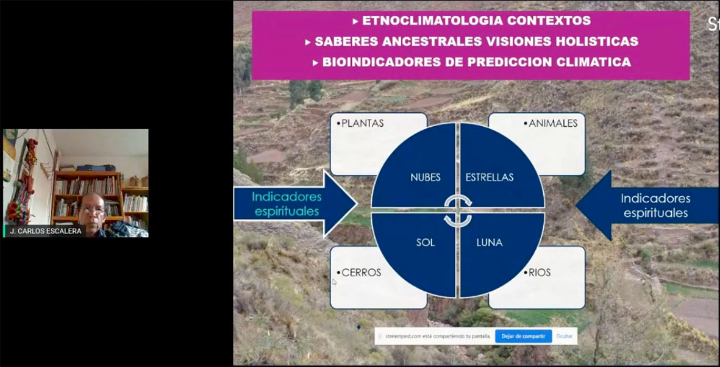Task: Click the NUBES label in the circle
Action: point(426,177)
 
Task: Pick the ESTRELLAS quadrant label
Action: point(490,177)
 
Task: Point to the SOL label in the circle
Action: point(426,242)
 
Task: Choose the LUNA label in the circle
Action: point(490,242)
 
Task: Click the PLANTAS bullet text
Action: point(362,123)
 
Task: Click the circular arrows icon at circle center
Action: point(458,210)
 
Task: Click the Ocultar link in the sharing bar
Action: point(565,336)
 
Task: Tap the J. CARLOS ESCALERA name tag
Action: point(46,231)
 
